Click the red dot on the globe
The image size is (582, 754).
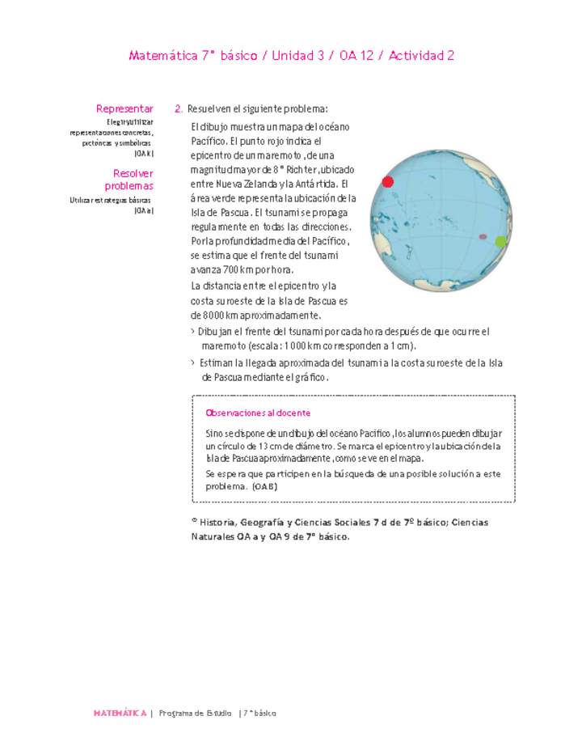(x=387, y=182)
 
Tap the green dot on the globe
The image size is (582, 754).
(x=500, y=241)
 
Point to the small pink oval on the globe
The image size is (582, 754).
(x=483, y=237)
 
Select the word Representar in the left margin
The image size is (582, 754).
(x=124, y=108)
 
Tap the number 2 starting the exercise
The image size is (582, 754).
(x=178, y=108)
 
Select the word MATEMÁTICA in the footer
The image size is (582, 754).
(x=120, y=714)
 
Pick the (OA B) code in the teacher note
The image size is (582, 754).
(x=264, y=487)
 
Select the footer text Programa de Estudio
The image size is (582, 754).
(x=195, y=714)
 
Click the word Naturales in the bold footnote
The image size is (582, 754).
(x=214, y=536)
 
